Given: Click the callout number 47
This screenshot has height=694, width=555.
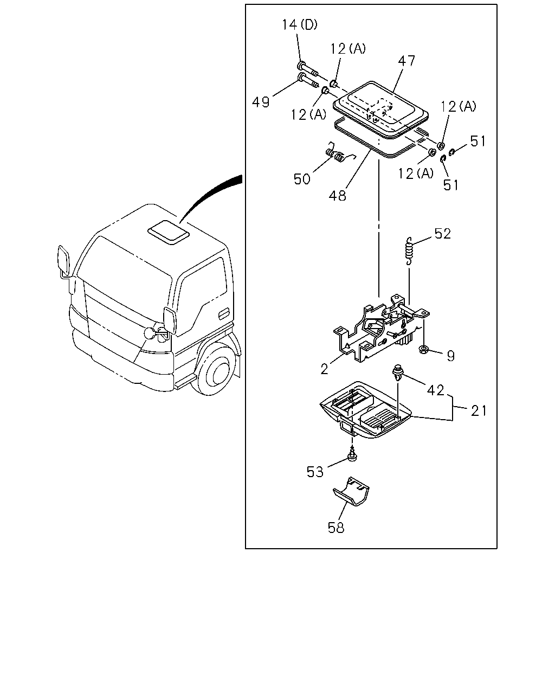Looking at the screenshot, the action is (406, 61).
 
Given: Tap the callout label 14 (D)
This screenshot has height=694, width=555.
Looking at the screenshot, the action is (300, 24).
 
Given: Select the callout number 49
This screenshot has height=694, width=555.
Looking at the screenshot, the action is (261, 102).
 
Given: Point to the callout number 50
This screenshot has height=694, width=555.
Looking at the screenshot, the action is (302, 179).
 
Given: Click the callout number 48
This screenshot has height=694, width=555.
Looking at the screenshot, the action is (337, 195).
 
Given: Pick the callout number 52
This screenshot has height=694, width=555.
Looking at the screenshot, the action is (443, 234).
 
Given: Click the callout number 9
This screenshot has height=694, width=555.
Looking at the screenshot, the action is (451, 356).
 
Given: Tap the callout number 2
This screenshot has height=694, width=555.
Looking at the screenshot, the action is (325, 369).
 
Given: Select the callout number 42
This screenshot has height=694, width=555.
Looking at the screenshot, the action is (435, 390).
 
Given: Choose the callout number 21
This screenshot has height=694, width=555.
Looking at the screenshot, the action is (479, 411).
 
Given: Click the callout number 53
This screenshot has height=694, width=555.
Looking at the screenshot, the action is (315, 472).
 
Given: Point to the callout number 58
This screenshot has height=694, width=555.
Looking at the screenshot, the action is (336, 528).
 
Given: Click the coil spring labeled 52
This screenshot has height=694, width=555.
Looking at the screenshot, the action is (409, 251).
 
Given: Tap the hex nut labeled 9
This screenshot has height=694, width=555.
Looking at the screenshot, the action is (424, 349).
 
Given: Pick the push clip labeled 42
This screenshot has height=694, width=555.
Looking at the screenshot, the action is (397, 373).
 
